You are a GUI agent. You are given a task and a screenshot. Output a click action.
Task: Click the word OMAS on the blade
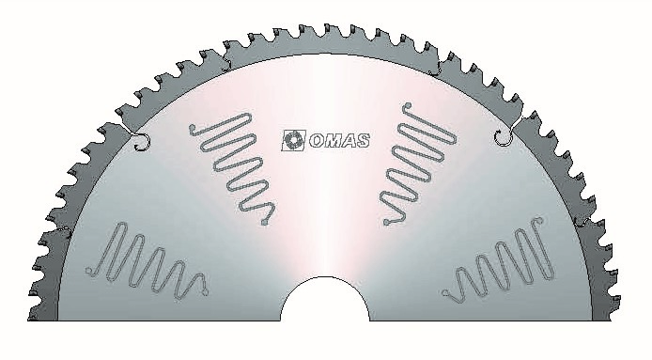pos(339,141)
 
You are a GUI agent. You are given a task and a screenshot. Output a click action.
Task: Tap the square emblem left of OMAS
pos(293,140)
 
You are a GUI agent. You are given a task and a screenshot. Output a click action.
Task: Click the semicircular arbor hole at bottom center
pos(325,299)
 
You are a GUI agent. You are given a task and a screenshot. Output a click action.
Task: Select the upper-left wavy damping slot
pos(233,167)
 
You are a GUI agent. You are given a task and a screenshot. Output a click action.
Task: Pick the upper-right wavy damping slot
pos(419,164)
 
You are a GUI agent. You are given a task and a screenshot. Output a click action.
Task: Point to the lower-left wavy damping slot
pos(147,261)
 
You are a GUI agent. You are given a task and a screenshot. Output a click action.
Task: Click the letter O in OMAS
pos(317,141)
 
